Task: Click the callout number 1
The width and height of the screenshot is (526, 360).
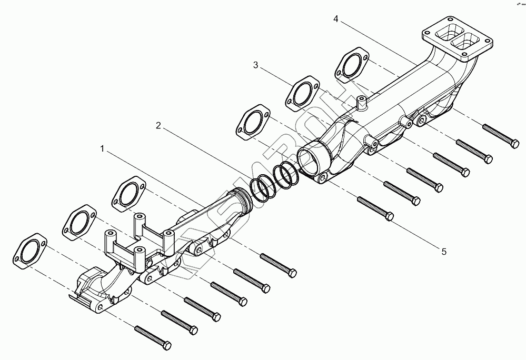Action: point(103,149)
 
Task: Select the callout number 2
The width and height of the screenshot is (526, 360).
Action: point(158,125)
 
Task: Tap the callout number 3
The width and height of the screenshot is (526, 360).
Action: point(255,65)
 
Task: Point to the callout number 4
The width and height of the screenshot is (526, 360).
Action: point(336,19)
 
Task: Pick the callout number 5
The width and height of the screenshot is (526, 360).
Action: point(444,252)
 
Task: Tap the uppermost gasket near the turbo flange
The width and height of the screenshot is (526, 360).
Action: point(352,64)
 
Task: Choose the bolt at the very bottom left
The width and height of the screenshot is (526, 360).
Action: point(153,337)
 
